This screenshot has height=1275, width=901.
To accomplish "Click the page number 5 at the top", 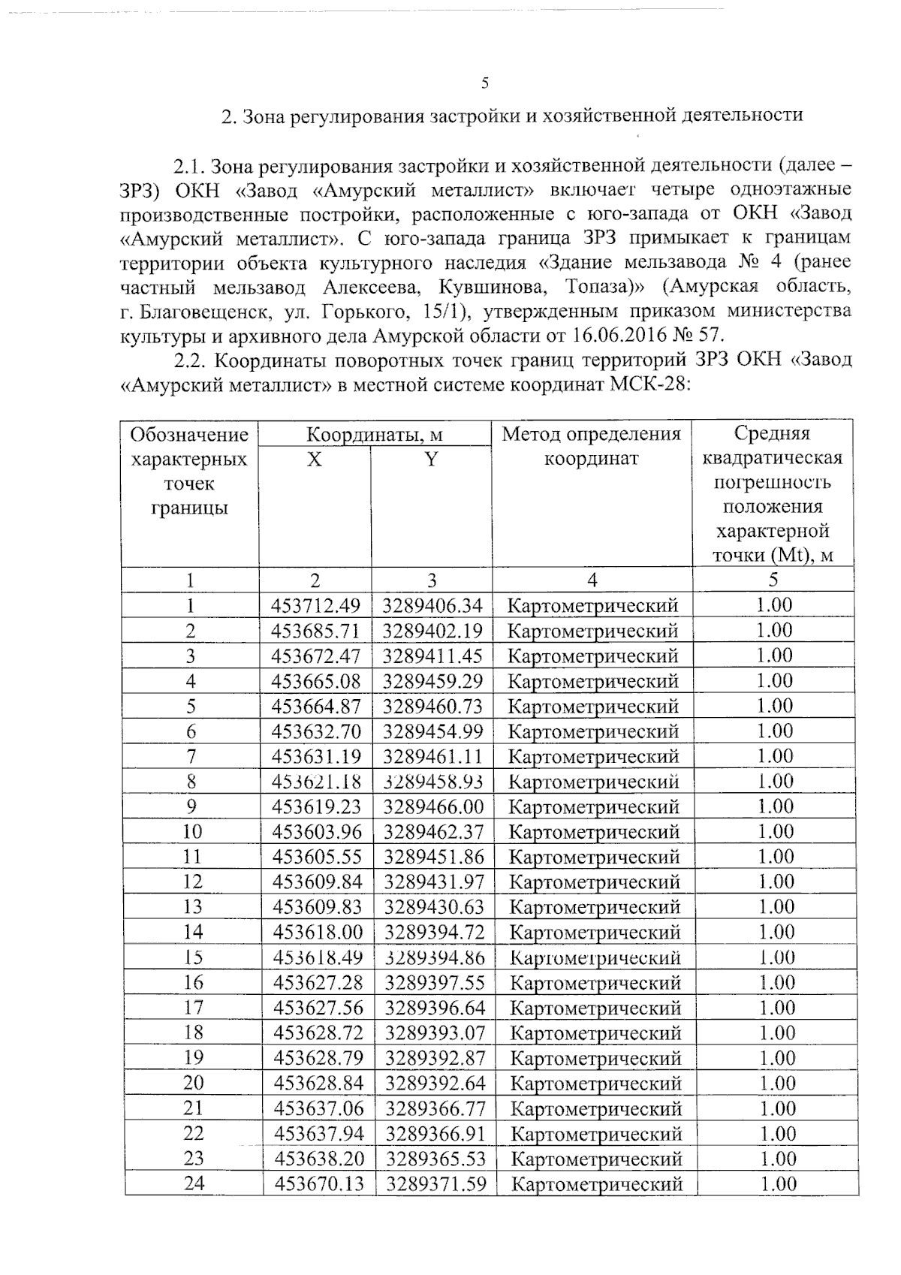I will (485, 83).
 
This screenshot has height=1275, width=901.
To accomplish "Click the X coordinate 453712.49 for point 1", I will (315, 605).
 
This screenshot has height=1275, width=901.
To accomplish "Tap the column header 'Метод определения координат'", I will (592, 446).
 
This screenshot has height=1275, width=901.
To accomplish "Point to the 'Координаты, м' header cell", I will (375, 434).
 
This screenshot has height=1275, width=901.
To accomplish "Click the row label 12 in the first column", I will (192, 882).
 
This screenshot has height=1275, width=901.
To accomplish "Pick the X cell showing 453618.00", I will (318, 932).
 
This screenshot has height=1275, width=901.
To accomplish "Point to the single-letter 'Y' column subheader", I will (431, 459).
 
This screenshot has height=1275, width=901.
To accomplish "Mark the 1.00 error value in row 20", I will (776, 1083).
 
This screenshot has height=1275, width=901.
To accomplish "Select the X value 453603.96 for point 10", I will (317, 832).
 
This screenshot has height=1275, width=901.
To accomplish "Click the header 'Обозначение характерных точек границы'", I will (189, 471).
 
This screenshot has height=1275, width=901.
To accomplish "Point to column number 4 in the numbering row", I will (592, 580).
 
